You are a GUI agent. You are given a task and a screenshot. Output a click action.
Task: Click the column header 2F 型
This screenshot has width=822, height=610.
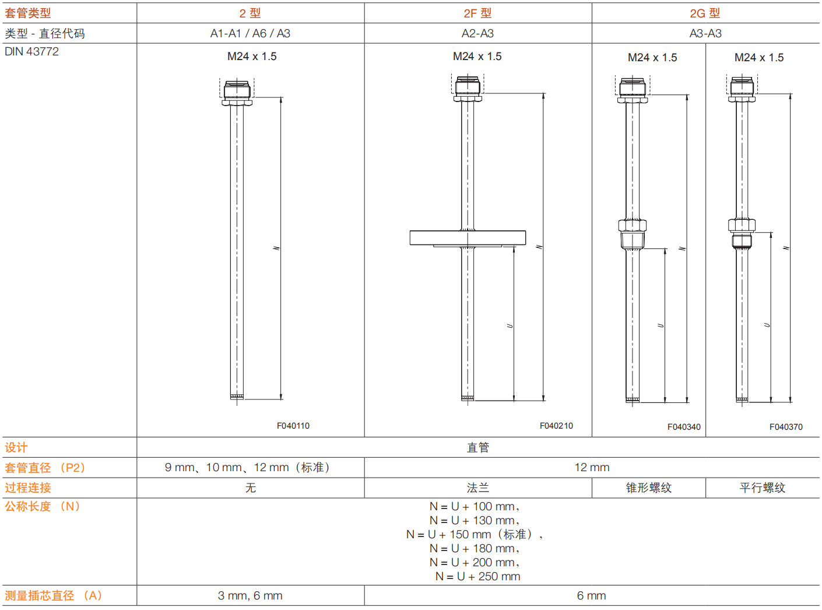pyautogui.click(x=477, y=13)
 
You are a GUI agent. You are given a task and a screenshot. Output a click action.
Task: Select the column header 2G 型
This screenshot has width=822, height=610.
pyautogui.click(x=705, y=13)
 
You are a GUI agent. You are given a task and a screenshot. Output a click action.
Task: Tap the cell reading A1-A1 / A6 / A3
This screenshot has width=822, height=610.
pyautogui.click(x=250, y=33)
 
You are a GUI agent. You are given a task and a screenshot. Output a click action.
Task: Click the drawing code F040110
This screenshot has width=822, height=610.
pyautogui.click(x=293, y=426)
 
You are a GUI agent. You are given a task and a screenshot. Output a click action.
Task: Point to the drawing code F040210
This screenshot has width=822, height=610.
pyautogui.click(x=556, y=426)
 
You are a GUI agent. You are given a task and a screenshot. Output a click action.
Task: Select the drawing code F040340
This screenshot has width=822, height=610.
pyautogui.click(x=684, y=427)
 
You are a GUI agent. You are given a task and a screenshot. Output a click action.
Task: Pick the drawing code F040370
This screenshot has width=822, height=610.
pyautogui.click(x=786, y=427)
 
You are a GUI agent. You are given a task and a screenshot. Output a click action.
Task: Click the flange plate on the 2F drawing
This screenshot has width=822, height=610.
pyautogui.click(x=468, y=237)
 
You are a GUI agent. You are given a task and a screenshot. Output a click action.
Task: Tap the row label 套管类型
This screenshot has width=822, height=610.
pyautogui.click(x=28, y=13)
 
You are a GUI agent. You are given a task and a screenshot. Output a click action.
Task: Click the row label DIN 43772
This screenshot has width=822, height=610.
pyautogui.click(x=32, y=51)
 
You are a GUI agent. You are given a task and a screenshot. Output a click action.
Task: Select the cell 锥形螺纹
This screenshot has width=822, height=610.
pyautogui.click(x=648, y=488)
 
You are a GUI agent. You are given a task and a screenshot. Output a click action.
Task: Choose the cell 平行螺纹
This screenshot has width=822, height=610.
pyautogui.click(x=762, y=488)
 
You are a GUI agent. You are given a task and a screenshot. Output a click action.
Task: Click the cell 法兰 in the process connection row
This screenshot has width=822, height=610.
pyautogui.click(x=477, y=488)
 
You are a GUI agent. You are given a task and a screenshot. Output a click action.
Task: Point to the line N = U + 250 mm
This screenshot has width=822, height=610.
pyautogui.click(x=477, y=576)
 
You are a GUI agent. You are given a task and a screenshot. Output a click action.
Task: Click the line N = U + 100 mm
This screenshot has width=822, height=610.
pyautogui.click(x=474, y=506)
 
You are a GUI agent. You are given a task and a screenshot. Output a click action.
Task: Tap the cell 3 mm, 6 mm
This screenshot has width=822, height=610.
pyautogui.click(x=250, y=595)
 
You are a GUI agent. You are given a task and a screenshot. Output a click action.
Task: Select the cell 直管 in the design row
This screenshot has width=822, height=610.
pyautogui.click(x=477, y=447)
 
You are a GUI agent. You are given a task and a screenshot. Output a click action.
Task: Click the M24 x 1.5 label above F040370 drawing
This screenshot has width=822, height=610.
pyautogui.click(x=759, y=57)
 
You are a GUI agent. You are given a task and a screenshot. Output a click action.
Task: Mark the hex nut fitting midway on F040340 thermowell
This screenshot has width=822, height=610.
pyautogui.click(x=632, y=226)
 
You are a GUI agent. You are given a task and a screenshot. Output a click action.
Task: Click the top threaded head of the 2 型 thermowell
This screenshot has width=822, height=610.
pyautogui.click(x=237, y=90)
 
